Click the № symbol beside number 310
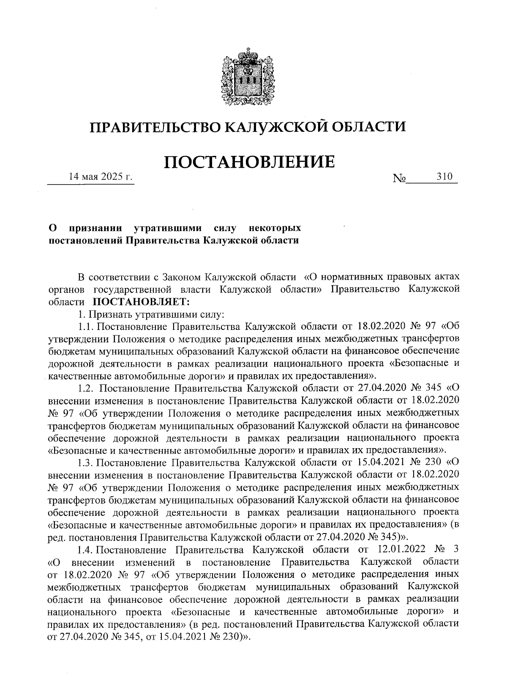click(399, 179)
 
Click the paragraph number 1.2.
click(87, 388)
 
